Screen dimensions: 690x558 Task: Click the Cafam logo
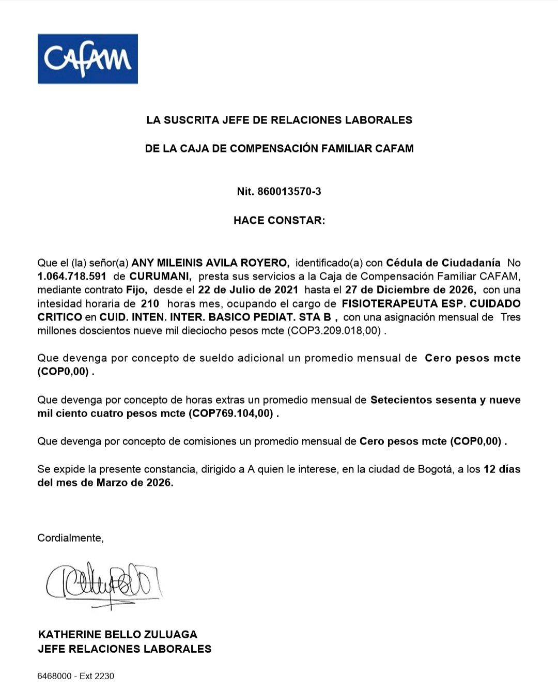point(87,59)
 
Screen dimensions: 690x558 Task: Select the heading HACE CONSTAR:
point(279,220)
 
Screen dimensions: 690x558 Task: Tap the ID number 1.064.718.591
point(72,277)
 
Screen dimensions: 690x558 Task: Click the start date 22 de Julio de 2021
point(248,290)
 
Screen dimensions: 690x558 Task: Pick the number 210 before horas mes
point(150,303)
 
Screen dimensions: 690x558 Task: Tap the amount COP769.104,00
point(230,413)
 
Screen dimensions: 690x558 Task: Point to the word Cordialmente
point(70,538)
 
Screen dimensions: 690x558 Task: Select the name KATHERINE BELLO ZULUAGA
point(118,634)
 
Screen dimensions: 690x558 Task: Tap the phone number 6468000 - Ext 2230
point(76,676)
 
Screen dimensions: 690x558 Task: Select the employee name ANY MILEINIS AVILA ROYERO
point(210,263)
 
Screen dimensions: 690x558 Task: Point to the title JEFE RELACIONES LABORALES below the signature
point(125,649)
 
